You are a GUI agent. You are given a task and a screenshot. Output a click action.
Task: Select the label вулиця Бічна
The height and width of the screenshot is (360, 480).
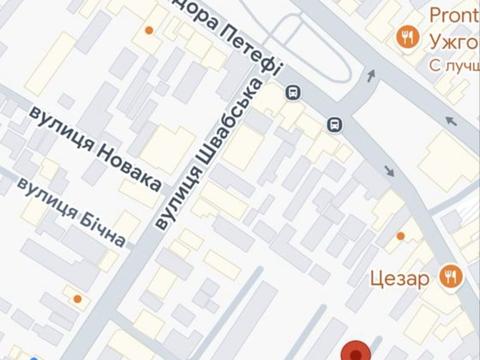pyautogui.click(x=72, y=213)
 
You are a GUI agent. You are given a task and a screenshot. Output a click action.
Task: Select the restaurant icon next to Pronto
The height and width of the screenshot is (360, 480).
pyautogui.click(x=407, y=38)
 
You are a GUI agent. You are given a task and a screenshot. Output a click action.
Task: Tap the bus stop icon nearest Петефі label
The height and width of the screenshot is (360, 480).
pyautogui.click(x=293, y=92)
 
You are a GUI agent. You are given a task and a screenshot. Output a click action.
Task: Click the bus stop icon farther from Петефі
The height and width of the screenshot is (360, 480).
pyautogui.click(x=336, y=124)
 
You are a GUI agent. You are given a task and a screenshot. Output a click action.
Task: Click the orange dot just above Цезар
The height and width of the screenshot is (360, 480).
pyautogui.click(x=401, y=236)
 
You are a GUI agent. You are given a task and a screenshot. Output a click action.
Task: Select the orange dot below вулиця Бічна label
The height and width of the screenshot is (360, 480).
pyautogui.click(x=77, y=299)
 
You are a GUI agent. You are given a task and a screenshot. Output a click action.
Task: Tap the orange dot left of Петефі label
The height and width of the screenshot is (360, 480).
pyautogui.click(x=149, y=31)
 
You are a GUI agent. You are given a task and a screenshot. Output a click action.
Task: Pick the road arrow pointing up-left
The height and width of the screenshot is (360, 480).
pyautogui.click(x=449, y=121)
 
